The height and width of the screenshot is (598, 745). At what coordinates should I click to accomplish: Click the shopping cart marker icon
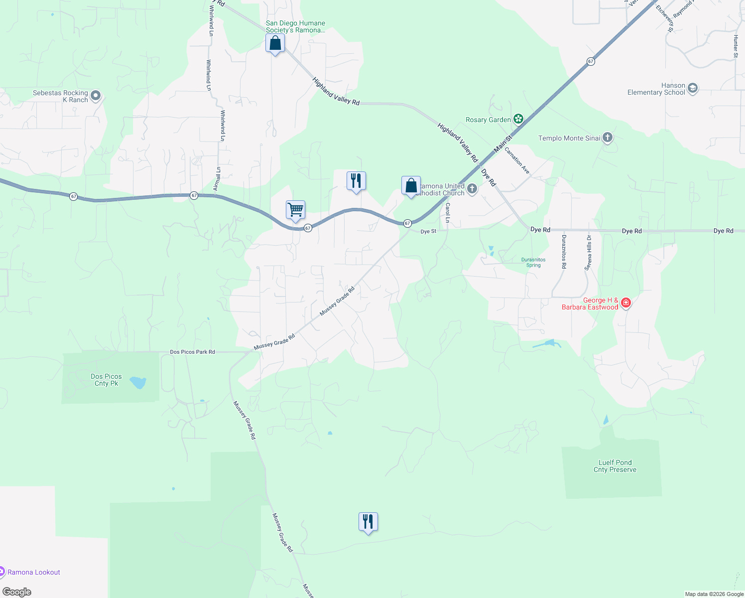(x=295, y=210)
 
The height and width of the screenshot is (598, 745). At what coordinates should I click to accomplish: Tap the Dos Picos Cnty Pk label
(x=106, y=380)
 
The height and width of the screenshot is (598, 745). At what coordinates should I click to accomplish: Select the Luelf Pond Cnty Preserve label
(x=615, y=466)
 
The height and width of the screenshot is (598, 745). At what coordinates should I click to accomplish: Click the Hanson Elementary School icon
(x=692, y=89)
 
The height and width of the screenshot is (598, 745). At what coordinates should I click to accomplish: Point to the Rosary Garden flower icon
(x=518, y=119)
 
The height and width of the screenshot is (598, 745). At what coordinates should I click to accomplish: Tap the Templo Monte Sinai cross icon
(x=607, y=138)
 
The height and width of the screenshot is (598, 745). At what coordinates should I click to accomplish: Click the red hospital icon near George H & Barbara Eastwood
(x=626, y=302)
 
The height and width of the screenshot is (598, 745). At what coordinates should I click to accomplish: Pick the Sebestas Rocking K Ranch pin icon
(x=96, y=95)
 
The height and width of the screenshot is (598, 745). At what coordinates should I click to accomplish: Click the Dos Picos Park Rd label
(x=192, y=352)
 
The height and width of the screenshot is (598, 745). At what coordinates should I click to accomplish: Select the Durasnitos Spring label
(x=533, y=262)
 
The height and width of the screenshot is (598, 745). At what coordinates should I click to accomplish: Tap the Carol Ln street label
(x=447, y=213)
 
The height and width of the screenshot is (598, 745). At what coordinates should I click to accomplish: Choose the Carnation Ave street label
(x=517, y=160)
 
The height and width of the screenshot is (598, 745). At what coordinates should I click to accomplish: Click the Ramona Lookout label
(x=34, y=572)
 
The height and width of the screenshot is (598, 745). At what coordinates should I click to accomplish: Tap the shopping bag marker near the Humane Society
(x=275, y=43)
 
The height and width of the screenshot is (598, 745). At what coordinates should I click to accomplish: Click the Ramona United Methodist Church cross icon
(x=472, y=189)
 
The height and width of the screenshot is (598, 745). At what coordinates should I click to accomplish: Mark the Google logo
(x=17, y=592)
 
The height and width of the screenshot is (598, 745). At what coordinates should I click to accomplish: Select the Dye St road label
(x=428, y=231)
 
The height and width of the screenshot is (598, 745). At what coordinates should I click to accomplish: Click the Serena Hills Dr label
(x=589, y=253)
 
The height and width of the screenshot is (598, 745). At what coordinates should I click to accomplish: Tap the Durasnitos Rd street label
(x=564, y=252)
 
